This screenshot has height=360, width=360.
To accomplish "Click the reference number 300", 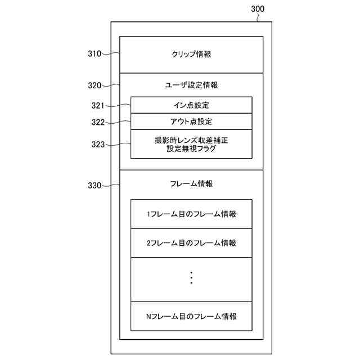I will pyautogui.click(x=256, y=8).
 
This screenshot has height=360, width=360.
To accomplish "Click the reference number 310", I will pyautogui.click(x=94, y=54).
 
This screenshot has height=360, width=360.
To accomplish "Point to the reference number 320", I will pyautogui.click(x=94, y=85).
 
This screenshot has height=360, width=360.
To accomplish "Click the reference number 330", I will pyautogui.click(x=94, y=186).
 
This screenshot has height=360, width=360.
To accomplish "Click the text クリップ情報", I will pyautogui.click(x=191, y=55).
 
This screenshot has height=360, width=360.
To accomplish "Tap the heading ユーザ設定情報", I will pyautogui.click(x=191, y=85).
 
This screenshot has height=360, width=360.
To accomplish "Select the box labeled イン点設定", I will pyautogui.click(x=191, y=105).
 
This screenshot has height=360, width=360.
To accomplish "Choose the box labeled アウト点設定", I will pyautogui.click(x=191, y=121).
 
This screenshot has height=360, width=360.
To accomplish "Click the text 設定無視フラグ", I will pyautogui.click(x=191, y=149).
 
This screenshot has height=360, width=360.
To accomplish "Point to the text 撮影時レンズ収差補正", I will pyautogui.click(x=191, y=139).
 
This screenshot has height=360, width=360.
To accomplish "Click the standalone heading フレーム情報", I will pyautogui.click(x=191, y=184).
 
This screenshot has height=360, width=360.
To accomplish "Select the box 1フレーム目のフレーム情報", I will pyautogui.click(x=191, y=214).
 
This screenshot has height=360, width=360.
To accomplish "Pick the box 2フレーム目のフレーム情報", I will pyautogui.click(x=191, y=243).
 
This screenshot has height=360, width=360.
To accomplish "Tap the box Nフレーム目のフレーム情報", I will pyautogui.click(x=191, y=316).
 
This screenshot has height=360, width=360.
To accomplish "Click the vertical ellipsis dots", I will pyautogui.click(x=191, y=278).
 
